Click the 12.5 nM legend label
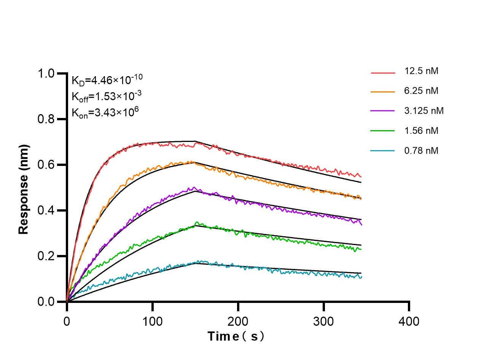(422, 71)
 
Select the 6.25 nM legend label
(422, 91)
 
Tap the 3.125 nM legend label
(424, 111)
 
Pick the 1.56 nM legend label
(422, 131)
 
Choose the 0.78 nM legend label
(422, 151)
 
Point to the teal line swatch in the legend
(383, 151)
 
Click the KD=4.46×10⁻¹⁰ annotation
(107, 80)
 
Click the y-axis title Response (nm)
(24, 189)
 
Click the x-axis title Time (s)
(236, 336)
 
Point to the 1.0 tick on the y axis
(47, 74)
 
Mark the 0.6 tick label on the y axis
(47, 165)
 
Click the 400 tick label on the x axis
(409, 322)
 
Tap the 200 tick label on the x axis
(238, 322)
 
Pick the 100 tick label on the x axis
(152, 322)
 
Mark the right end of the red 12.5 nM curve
(361, 177)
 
